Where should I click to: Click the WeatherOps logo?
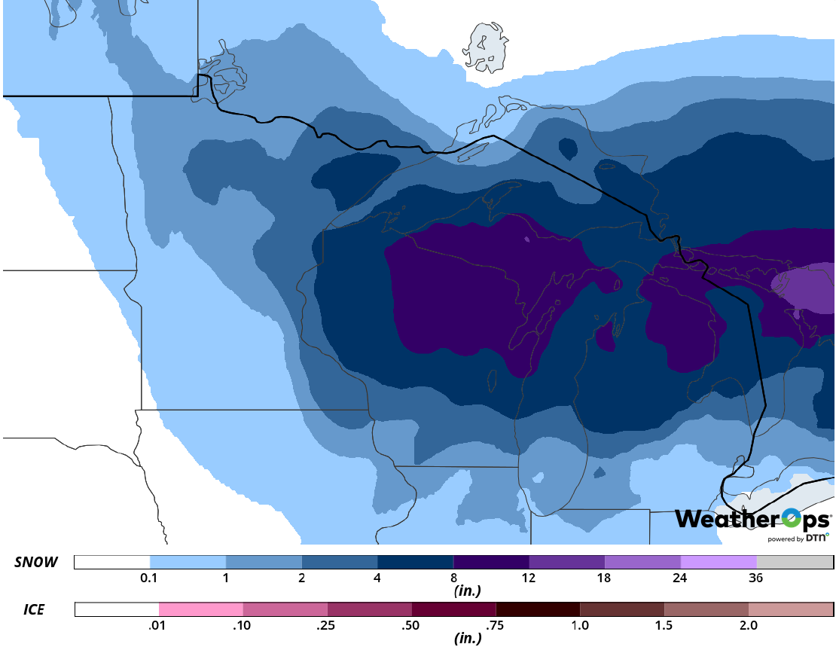[752, 519]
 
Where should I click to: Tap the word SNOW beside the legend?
[36, 563]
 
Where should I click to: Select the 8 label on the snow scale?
[453, 578]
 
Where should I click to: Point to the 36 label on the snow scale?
[756, 578]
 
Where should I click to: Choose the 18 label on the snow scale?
[605, 578]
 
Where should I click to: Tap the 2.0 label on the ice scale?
[749, 626]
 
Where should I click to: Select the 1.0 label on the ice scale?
[580, 626]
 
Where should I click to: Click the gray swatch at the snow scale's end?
[795, 563]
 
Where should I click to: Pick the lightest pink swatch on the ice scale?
[201, 609]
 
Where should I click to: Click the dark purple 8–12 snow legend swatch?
[491, 563]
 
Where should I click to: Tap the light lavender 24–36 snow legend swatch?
[719, 563]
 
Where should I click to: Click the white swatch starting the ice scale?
[117, 609]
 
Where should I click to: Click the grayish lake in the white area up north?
[484, 49]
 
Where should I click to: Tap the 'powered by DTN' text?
[798, 538]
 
